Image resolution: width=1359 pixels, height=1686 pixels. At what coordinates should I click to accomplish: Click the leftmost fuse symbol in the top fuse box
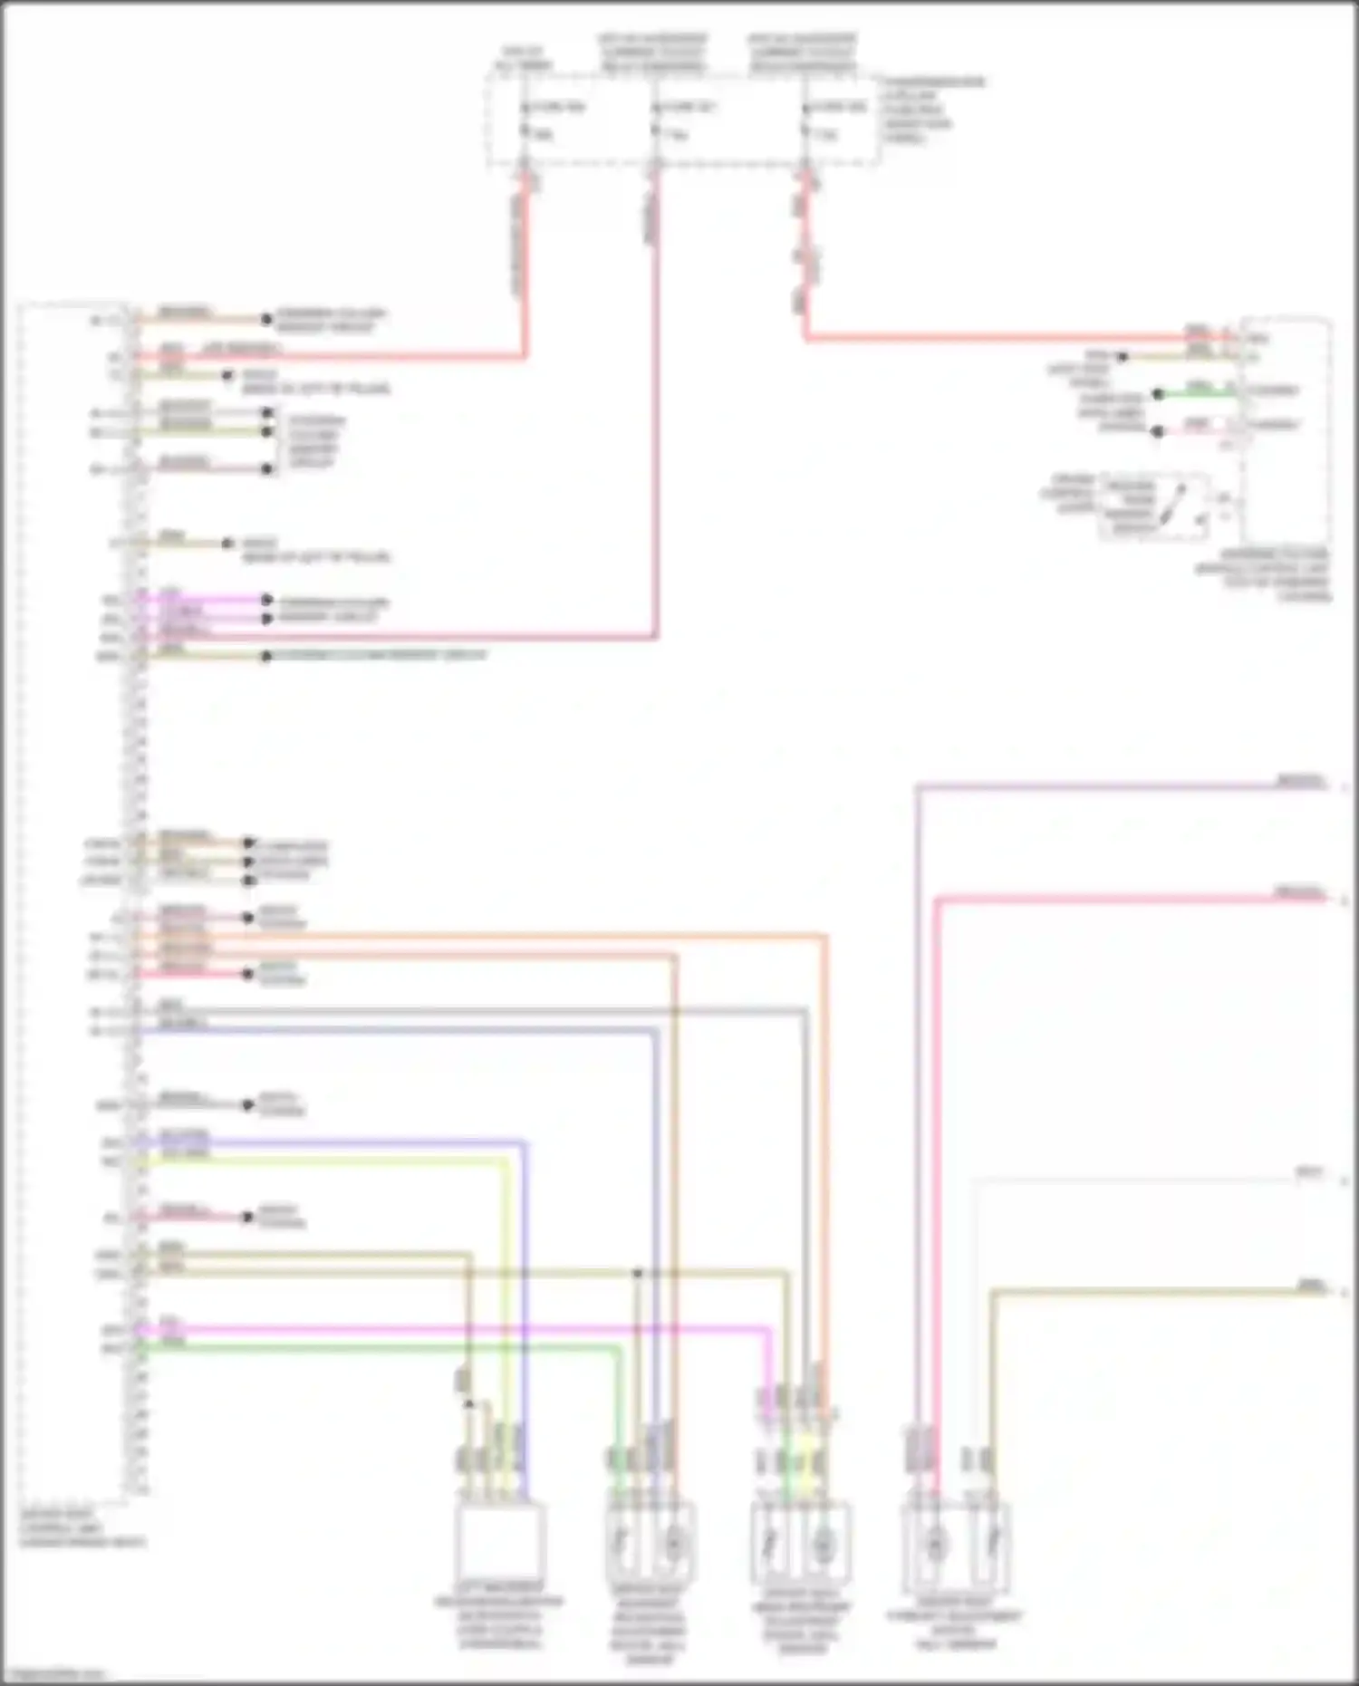525,120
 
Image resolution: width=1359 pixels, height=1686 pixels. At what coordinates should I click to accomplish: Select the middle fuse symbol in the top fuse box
655,120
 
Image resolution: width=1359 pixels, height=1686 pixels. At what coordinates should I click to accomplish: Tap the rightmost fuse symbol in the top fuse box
805,120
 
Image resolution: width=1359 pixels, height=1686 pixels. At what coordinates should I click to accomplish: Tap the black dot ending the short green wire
1157,394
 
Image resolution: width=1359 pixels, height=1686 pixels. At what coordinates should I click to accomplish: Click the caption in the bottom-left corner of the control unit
82,1527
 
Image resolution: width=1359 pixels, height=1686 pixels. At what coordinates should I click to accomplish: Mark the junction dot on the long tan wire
637,1273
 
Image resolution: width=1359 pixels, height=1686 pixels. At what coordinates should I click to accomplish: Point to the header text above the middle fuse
652,53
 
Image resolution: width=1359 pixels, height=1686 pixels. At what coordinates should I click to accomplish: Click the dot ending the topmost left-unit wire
266,319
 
